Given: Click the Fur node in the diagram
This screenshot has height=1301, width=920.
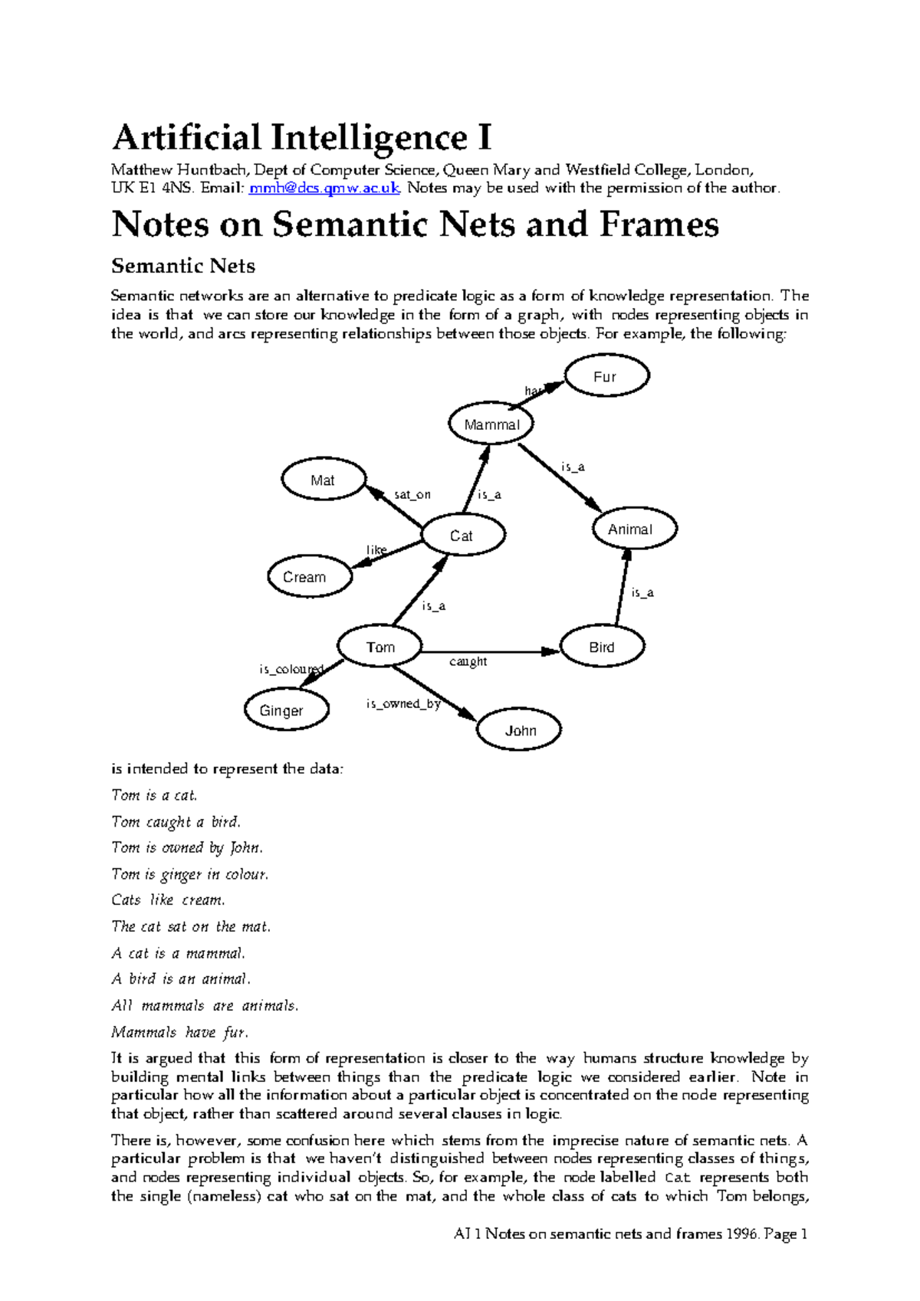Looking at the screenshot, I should coord(606,376).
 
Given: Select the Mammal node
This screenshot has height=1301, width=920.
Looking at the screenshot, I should coord(491,424).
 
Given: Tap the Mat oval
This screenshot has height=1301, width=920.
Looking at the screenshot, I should coord(324,480).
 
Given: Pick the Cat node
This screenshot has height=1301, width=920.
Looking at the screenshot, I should coord(463,536).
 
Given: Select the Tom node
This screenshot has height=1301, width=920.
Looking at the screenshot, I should coord(380,647).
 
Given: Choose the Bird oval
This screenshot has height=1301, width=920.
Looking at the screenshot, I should coord(603,647).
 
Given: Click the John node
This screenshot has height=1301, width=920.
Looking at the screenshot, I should coord(519,730).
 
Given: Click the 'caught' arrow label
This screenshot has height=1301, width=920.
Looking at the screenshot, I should coord(468,661).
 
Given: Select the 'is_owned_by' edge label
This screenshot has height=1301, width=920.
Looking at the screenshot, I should coord(402,703).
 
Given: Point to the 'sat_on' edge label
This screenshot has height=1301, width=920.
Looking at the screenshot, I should coord(412,495).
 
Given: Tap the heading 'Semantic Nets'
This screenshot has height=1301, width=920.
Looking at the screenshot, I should coord(183,266).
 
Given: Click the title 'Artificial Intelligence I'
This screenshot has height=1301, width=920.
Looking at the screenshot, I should coord(301,138).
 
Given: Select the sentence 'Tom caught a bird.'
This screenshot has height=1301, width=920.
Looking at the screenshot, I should coord(176,822).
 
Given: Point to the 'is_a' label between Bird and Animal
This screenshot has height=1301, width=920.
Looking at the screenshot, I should coord(642,592).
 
